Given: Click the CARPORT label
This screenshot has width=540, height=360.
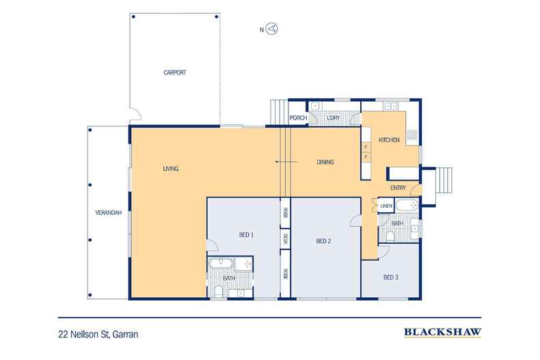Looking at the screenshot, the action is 174,72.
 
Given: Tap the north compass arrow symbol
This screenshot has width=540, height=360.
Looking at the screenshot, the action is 273,29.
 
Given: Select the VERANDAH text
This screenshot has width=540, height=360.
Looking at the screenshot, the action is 109,212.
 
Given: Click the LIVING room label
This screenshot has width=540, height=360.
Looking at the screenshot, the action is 171,169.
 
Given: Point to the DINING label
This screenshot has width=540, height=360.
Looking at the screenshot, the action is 325,162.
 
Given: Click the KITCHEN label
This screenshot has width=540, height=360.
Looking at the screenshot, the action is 389,140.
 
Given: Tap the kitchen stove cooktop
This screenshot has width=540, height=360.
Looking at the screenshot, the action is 412,135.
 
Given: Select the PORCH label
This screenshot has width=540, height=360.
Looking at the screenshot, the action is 298,117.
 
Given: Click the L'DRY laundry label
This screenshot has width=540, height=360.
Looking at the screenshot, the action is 334,117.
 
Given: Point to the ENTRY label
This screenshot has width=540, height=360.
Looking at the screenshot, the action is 398,188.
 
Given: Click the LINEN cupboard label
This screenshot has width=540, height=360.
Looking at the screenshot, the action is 386,206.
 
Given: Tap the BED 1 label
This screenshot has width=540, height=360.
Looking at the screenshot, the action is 246,235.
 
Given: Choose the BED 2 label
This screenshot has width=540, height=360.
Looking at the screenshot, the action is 323,241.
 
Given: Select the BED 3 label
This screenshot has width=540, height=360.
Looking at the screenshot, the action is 391,277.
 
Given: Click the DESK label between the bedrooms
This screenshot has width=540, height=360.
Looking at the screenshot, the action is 285,238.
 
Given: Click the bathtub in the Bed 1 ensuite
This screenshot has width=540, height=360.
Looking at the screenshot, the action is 221,264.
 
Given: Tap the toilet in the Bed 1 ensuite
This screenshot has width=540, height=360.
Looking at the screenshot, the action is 218,291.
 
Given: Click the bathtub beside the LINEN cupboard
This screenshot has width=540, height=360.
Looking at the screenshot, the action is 407,206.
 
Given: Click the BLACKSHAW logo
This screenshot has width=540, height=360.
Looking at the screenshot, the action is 442,333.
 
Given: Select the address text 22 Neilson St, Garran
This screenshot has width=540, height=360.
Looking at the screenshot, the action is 98,334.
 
